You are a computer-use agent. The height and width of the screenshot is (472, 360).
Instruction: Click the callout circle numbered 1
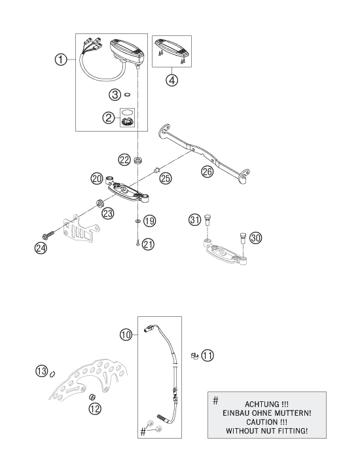point(60,60)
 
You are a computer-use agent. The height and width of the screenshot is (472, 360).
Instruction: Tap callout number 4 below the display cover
point(172,82)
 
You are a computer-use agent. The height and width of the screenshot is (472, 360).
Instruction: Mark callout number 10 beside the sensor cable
point(127,334)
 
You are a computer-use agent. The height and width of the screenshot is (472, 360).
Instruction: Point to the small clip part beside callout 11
point(193,355)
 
